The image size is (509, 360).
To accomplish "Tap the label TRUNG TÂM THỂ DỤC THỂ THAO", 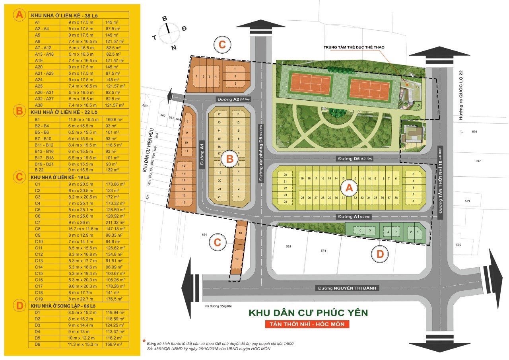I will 354,47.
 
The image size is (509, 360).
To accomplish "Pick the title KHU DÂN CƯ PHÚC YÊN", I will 308,313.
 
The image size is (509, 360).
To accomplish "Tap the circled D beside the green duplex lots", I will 380,255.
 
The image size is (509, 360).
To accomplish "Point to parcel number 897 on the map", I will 478,161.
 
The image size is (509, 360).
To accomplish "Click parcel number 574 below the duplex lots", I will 324,251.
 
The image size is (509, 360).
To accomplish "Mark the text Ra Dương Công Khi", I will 219,306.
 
